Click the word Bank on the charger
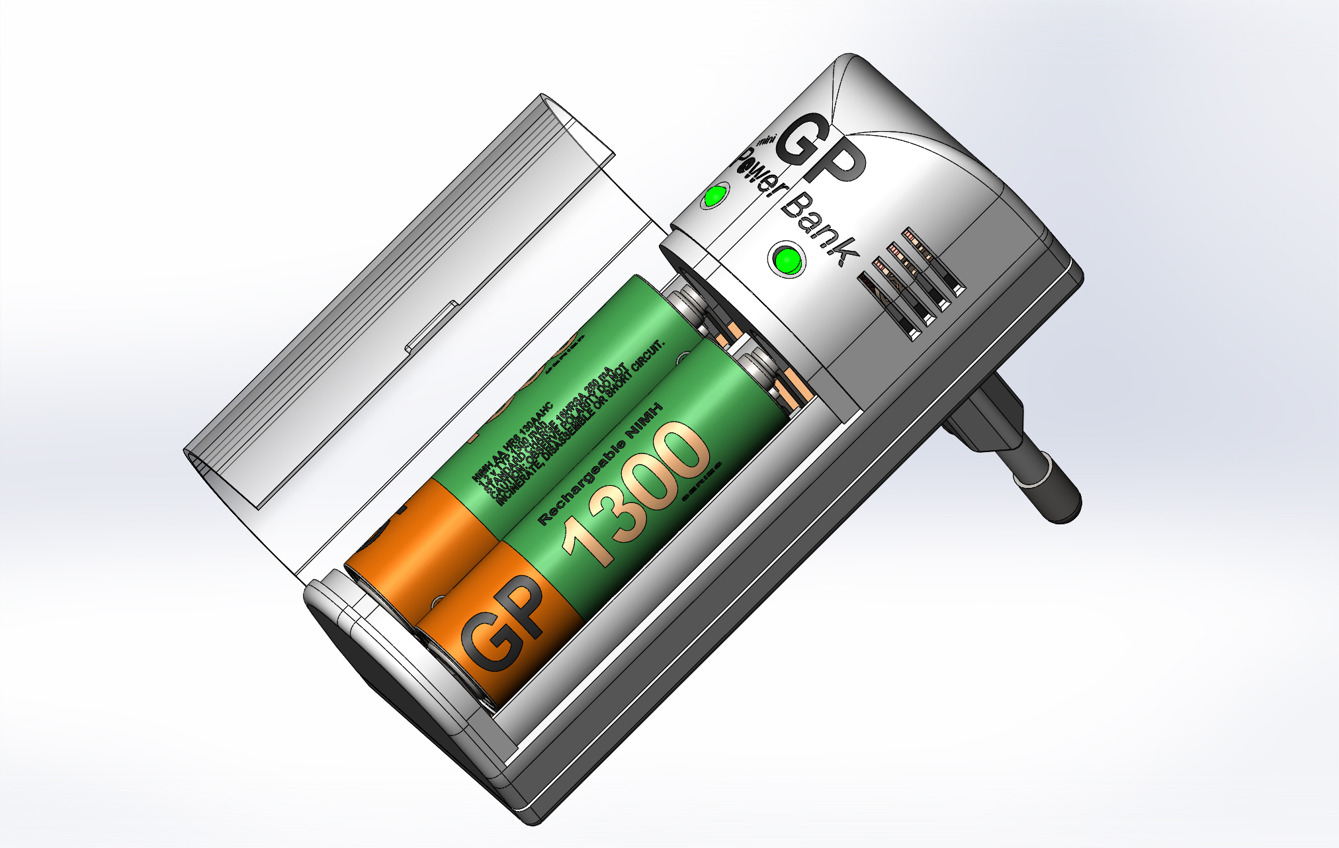click(x=820, y=229)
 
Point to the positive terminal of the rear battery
click(x=688, y=302)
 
